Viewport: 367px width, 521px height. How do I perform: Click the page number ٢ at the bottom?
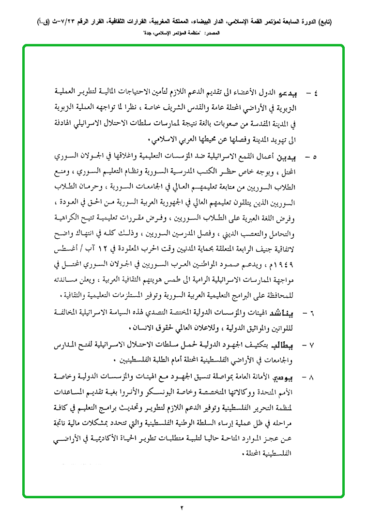[x=183, y=507]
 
